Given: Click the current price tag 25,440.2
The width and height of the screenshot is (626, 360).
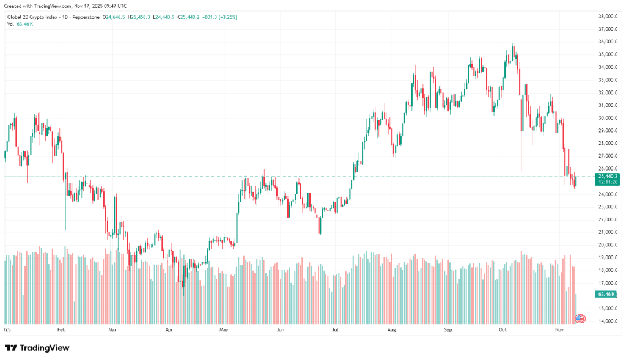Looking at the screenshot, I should pyautogui.click(x=608, y=176).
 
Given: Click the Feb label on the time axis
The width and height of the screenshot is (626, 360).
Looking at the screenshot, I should pyautogui.click(x=61, y=329).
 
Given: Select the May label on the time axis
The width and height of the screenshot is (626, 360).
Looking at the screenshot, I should pyautogui.click(x=224, y=329).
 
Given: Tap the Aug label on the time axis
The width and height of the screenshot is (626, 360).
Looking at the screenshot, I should pyautogui.click(x=392, y=329).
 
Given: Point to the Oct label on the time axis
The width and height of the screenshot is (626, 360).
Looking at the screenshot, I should pyautogui.click(x=503, y=329).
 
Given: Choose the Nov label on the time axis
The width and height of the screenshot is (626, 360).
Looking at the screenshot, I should pyautogui.click(x=559, y=329).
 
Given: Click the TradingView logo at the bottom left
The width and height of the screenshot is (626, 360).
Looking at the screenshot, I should pyautogui.click(x=37, y=348).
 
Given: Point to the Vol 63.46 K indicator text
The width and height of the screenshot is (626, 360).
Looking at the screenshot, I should pyautogui.click(x=20, y=24).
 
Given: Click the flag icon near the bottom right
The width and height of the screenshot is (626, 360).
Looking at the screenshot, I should pyautogui.click(x=580, y=318).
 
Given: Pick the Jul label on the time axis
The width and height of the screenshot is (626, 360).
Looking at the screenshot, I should pyautogui.click(x=336, y=329).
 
